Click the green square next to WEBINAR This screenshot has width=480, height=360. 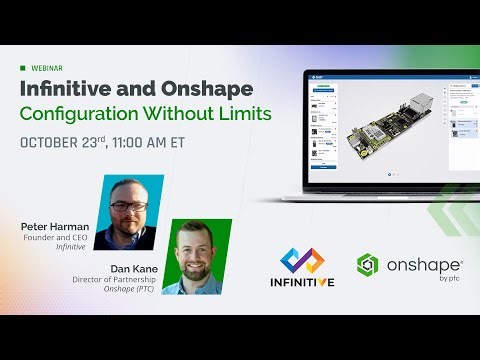[x=23, y=68]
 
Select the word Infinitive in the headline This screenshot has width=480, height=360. [x=66, y=88]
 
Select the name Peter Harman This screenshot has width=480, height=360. [x=54, y=227]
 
